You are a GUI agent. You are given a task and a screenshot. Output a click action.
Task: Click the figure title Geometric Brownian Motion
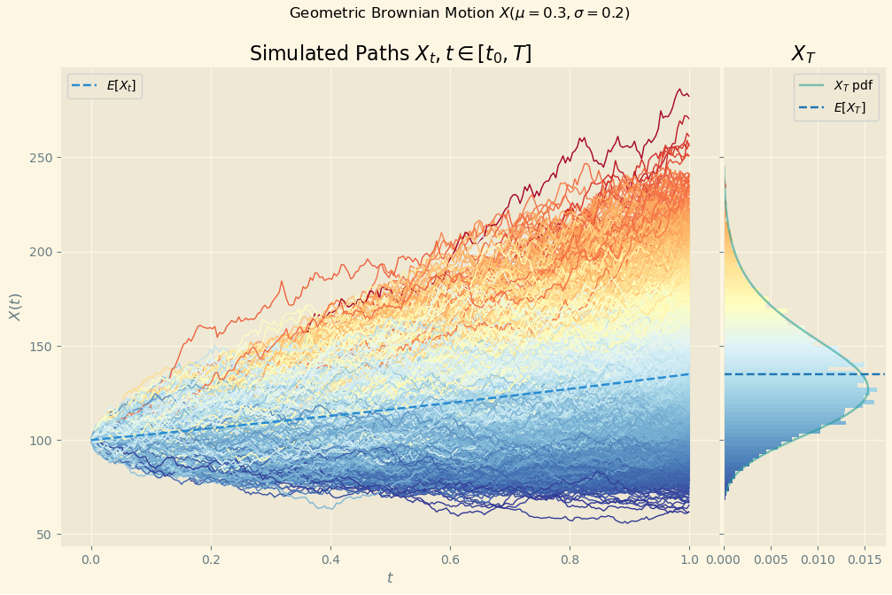pyautogui.click(x=459, y=13)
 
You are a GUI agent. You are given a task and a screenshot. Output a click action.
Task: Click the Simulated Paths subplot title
pyautogui.click(x=391, y=54)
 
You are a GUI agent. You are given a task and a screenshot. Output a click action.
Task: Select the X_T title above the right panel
pyautogui.click(x=803, y=54)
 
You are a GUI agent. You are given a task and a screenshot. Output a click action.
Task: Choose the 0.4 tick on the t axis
pyautogui.click(x=330, y=560)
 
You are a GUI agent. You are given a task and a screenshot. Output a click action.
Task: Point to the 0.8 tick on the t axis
pyautogui.click(x=570, y=560)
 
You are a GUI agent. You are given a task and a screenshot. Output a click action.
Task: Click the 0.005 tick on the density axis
pyautogui.click(x=771, y=560)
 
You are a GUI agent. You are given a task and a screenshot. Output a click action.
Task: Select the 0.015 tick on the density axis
pyautogui.click(x=865, y=560)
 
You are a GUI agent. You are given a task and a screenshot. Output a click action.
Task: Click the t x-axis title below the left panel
pyautogui.click(x=390, y=578)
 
